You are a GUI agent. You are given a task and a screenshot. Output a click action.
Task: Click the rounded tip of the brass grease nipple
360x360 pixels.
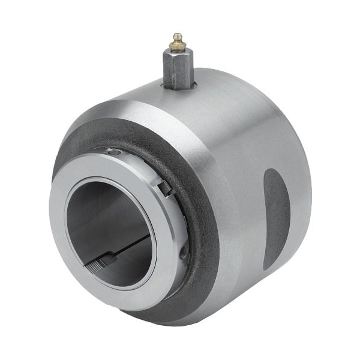pyautogui.click(x=176, y=37)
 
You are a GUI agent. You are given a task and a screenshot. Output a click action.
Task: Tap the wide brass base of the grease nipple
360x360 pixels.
pyautogui.click(x=176, y=47)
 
